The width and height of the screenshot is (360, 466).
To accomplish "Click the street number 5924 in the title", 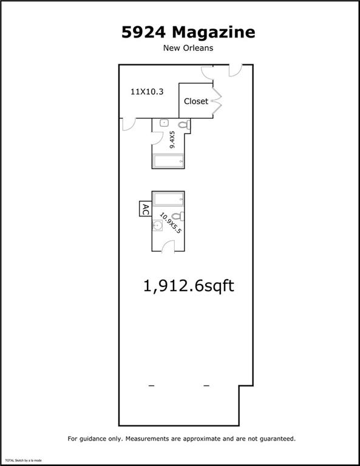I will click(143, 32).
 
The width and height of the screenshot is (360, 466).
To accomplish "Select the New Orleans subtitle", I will click(189, 48).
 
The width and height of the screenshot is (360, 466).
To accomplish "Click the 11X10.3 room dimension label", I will click(148, 92).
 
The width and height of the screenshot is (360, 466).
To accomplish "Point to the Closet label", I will click(195, 101).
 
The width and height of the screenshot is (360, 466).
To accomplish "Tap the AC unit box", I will click(145, 210).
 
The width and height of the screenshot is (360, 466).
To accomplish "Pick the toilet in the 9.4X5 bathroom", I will click(186, 126).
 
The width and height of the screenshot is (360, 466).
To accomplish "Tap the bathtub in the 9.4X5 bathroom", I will click(169, 161).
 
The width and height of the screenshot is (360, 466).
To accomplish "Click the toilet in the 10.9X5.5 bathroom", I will click(177, 216).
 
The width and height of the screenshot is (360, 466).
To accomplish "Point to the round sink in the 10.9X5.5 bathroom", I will click(158, 226).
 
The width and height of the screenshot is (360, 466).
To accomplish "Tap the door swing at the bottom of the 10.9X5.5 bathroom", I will click(169, 245).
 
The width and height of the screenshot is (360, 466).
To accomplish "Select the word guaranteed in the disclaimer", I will click(275, 438).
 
